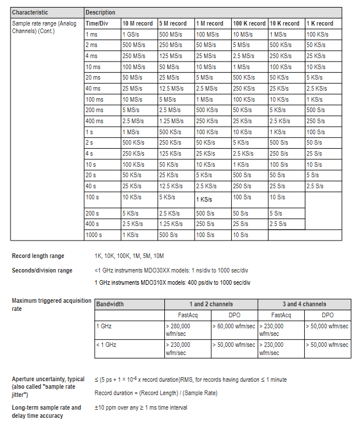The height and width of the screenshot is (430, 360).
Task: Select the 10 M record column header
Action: click(x=138, y=23)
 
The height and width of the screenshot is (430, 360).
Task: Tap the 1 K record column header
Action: click(x=320, y=23)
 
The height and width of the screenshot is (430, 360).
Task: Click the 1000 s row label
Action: click(x=94, y=235)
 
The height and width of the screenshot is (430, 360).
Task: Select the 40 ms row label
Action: click(x=93, y=88)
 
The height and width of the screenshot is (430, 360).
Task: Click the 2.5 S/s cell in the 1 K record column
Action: click(x=315, y=186)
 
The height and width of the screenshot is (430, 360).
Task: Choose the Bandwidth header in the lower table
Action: click(x=110, y=304)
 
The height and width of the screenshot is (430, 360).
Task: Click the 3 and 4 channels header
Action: click(x=304, y=304)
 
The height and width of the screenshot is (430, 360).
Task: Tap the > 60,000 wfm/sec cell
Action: click(x=235, y=326)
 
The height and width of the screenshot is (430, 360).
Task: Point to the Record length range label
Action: click(x=38, y=256)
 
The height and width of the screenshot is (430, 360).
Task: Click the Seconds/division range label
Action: click(x=42, y=270)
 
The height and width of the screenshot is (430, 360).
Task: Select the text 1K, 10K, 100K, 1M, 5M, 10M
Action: click(x=129, y=256)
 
